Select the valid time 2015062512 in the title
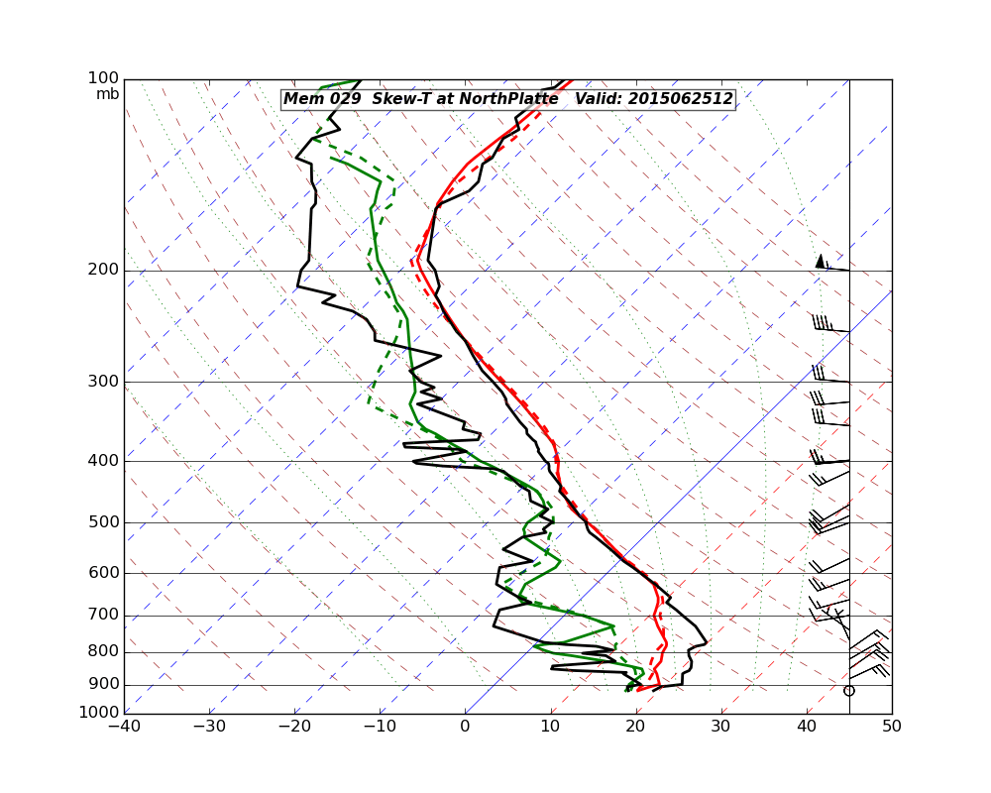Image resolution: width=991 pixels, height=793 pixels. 687,99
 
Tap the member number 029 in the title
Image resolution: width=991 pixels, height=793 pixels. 343,99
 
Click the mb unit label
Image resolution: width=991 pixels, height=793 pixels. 107,94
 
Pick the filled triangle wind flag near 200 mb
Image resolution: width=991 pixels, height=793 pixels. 820,261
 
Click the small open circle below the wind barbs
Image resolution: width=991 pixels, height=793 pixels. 848,690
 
